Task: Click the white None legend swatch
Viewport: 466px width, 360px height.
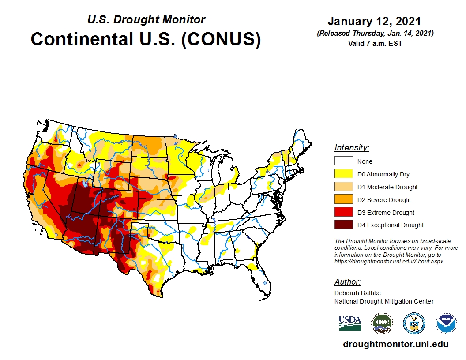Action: tap(343, 161)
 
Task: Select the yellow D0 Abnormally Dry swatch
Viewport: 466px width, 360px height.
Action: tap(343, 174)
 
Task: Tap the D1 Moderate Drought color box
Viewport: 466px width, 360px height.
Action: tap(343, 187)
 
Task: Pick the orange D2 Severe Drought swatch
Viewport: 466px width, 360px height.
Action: tap(343, 199)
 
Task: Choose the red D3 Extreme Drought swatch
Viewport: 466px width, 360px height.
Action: tap(343, 212)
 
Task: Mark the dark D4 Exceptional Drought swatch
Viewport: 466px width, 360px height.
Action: tap(343, 225)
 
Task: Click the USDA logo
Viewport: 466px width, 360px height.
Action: tap(350, 323)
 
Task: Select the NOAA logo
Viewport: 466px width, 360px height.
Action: tap(446, 323)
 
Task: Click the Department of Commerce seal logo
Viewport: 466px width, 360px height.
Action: tap(414, 323)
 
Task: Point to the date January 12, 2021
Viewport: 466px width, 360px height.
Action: tap(374, 21)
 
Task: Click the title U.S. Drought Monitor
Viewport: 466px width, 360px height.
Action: tap(146, 19)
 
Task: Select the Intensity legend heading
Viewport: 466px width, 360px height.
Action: tap(352, 147)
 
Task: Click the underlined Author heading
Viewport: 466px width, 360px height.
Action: tap(347, 282)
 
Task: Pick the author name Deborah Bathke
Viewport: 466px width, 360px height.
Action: tap(357, 293)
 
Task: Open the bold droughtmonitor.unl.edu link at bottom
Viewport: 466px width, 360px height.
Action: tap(395, 344)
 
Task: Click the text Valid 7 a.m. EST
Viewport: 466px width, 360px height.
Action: tap(374, 43)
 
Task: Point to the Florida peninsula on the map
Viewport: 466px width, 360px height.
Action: tap(263, 282)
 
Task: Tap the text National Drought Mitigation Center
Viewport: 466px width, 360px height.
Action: tap(384, 301)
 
